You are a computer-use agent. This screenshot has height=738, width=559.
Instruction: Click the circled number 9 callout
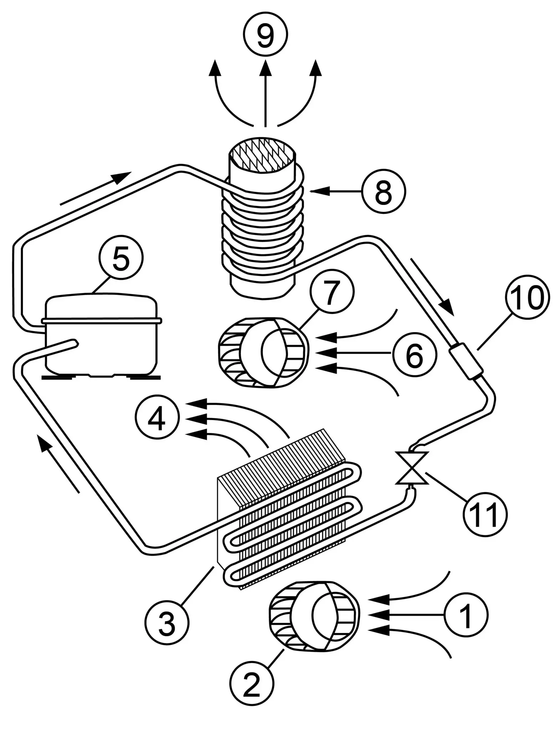click(265, 35)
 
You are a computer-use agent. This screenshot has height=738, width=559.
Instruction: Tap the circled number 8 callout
click(384, 192)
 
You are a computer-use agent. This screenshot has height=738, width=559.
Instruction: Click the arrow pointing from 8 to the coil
click(335, 192)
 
